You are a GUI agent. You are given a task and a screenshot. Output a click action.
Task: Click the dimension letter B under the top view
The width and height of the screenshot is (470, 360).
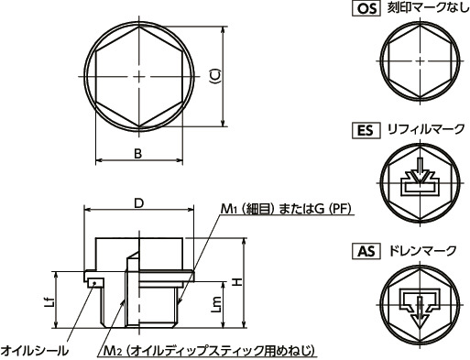(x=137, y=153)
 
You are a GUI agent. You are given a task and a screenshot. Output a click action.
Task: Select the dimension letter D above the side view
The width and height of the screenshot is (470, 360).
(x=137, y=202)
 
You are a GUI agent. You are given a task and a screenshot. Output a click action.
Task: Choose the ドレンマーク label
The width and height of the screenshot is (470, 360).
(x=418, y=249)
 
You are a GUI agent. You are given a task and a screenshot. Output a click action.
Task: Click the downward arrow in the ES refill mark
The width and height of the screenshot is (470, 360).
(x=417, y=171)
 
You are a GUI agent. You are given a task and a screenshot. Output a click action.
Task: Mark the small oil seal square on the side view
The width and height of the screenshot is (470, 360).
(x=93, y=283)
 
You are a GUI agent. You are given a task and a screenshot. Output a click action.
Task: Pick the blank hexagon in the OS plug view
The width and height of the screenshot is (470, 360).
(x=417, y=59)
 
